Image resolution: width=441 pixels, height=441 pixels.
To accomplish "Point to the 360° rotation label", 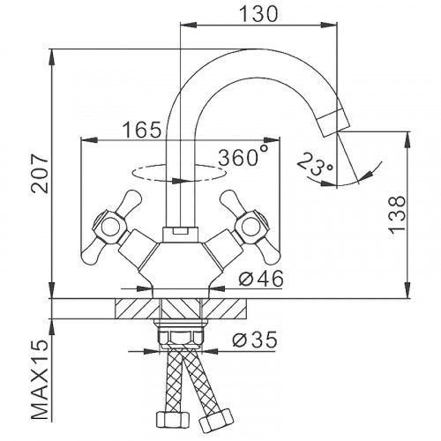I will pos(244,157).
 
